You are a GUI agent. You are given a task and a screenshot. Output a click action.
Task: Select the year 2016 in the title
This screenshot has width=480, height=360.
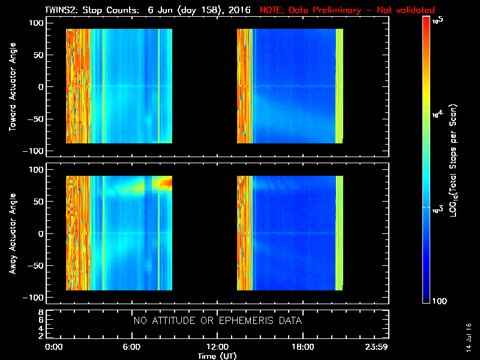tap(240, 10)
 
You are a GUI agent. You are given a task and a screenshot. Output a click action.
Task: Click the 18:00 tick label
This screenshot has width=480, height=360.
tap(302, 347)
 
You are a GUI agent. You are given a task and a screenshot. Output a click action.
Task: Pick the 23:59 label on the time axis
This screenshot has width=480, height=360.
tap(378, 347)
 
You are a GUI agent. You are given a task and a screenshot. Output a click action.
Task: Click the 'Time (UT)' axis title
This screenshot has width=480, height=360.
tap(217, 355)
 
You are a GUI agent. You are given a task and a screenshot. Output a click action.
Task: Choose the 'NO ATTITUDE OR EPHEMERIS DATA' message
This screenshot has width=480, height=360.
tap(217, 321)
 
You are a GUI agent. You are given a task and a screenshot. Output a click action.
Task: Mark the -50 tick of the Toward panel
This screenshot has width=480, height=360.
tap(35, 119)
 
